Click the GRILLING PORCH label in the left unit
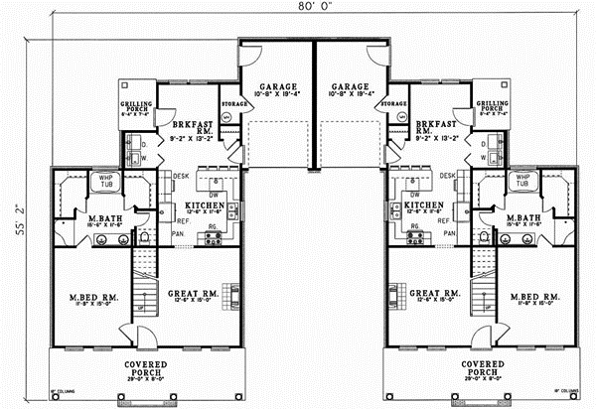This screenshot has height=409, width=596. point(134,107)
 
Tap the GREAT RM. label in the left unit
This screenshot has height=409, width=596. point(192,294)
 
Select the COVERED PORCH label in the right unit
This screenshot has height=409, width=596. point(483,368)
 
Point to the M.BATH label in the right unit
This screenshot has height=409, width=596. point(522,218)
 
